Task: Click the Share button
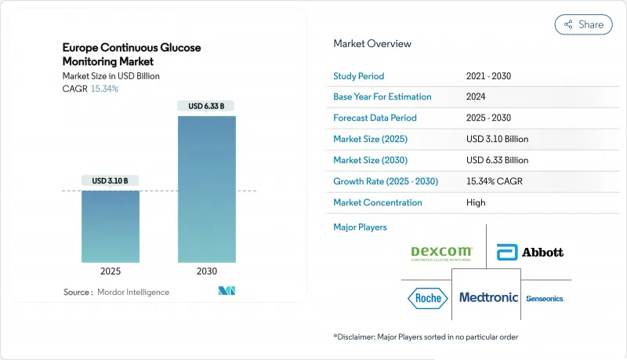tap(584, 24)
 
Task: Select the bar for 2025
tap(111, 227)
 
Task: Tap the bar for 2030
tap(206, 189)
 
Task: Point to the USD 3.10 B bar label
tap(111, 181)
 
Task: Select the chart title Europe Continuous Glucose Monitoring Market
tap(132, 54)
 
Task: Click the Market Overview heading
tap(371, 44)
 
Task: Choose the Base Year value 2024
tap(476, 97)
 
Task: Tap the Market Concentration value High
tap(475, 202)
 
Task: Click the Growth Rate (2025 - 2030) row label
tap(386, 181)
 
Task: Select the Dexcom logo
tap(442, 253)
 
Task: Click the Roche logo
tap(428, 298)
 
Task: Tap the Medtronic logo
tap(487, 298)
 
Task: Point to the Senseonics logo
tap(545, 299)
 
